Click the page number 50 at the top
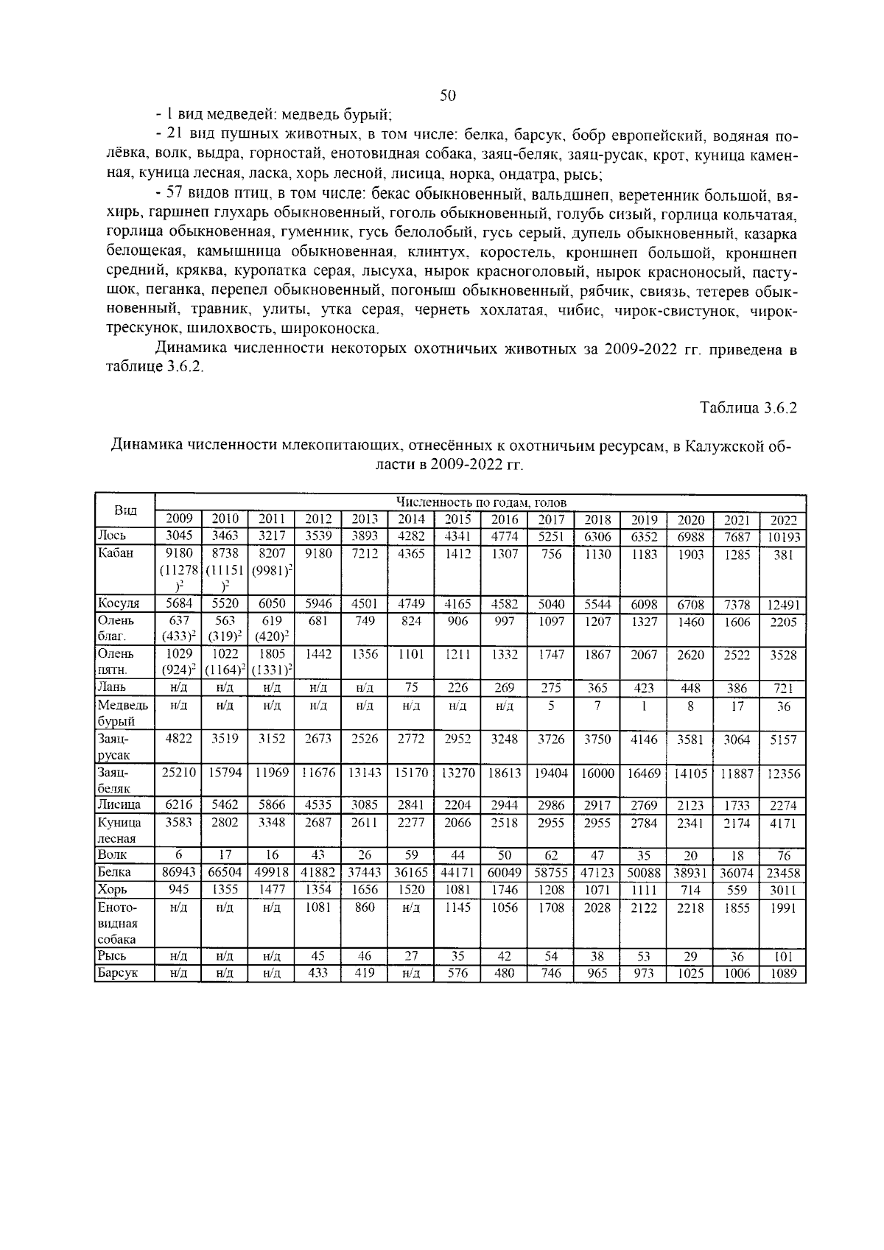point(449,96)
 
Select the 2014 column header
point(411,519)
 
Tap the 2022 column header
point(783,519)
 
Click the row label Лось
point(112,536)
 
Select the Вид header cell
point(124,510)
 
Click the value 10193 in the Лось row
point(783,537)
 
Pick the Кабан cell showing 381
point(783,555)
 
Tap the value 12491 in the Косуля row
point(783,605)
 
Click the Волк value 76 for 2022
point(783,855)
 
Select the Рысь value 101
point(783,956)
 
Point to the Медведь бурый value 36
point(783,706)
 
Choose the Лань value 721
point(783,689)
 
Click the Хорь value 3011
point(783,890)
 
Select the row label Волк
point(112,855)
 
